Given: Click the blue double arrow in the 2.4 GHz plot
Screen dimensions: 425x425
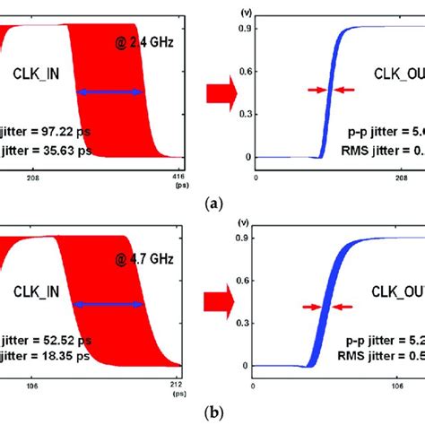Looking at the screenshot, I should pyautogui.click(x=108, y=91).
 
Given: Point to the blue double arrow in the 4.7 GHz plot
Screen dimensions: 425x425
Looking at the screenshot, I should pyautogui.click(x=108, y=305).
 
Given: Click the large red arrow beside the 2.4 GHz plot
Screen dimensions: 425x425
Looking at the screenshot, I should pyautogui.click(x=220, y=90).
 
